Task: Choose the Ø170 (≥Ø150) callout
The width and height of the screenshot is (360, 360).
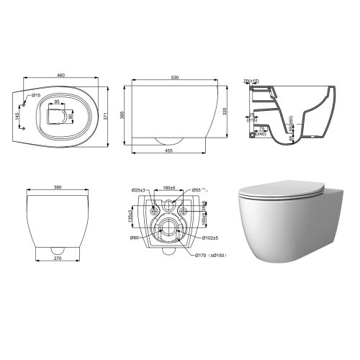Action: (209, 254)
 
